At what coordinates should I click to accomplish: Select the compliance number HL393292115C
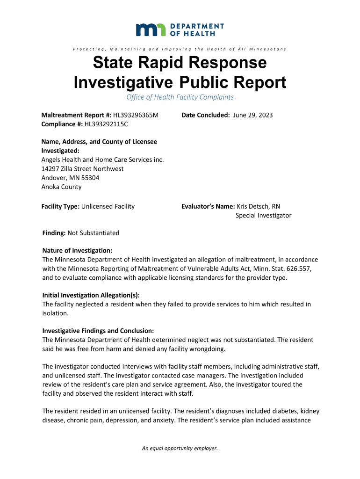(x=106, y=124)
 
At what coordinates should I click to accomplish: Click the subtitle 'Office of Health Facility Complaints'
(x=180, y=97)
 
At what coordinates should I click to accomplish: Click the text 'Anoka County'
(x=61, y=187)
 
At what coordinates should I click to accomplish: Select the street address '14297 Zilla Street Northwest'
(x=83, y=168)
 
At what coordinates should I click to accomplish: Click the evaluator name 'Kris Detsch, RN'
(x=259, y=206)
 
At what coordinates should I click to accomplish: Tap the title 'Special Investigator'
(x=263, y=216)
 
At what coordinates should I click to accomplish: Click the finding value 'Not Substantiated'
(x=94, y=233)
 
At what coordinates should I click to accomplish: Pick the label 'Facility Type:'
(x=60, y=206)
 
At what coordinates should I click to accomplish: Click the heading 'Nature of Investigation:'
(x=77, y=251)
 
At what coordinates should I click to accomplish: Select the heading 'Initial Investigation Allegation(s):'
(x=91, y=295)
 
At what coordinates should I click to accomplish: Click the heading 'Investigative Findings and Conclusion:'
(x=98, y=331)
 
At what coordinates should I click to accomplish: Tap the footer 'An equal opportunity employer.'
(x=180, y=449)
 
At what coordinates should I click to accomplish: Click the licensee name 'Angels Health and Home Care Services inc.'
(x=103, y=160)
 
